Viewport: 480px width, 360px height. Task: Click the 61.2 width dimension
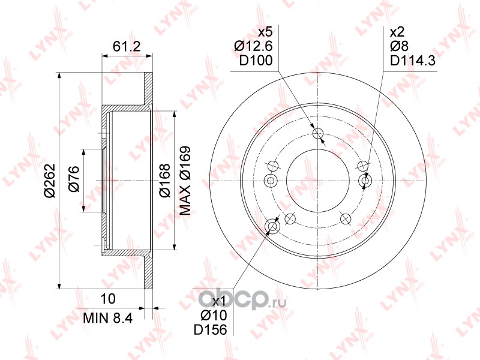[127, 47]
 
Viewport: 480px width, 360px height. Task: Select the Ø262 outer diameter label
[50, 181]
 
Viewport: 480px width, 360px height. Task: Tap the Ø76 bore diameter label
[74, 179]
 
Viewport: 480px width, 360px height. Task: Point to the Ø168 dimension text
[164, 181]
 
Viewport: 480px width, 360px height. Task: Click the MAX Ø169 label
[185, 181]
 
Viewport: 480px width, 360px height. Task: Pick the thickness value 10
[108, 299]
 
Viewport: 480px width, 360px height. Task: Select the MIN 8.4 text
[108, 319]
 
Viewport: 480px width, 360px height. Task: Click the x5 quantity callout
[265, 32]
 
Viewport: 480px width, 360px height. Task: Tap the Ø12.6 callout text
[253, 46]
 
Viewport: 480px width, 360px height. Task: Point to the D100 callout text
[256, 61]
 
